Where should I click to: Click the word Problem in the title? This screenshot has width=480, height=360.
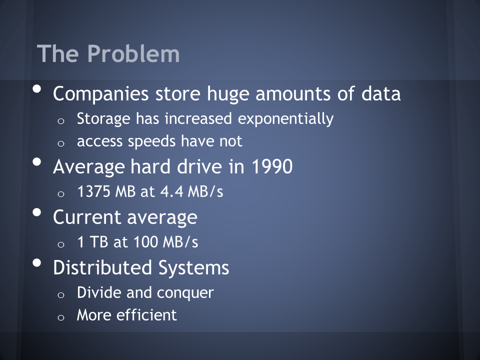pyautogui.click(x=133, y=53)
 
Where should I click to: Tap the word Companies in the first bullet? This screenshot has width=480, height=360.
pyautogui.click(x=100, y=94)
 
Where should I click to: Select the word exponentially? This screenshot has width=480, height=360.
pyautogui.click(x=285, y=119)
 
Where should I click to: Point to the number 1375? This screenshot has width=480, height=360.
pyautogui.click(x=93, y=191)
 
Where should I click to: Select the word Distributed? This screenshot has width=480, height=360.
pyautogui.click(x=102, y=267)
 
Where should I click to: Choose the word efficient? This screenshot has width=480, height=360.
pyautogui.click(x=146, y=314)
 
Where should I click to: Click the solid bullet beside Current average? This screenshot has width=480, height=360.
pyautogui.click(x=36, y=212)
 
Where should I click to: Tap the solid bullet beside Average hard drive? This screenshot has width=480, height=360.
pyautogui.click(x=36, y=161)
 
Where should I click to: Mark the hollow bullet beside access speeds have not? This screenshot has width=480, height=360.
pyautogui.click(x=61, y=143)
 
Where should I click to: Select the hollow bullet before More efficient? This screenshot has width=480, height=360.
pyautogui.click(x=61, y=317)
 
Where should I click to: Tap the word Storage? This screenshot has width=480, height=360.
pyautogui.click(x=103, y=119)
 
